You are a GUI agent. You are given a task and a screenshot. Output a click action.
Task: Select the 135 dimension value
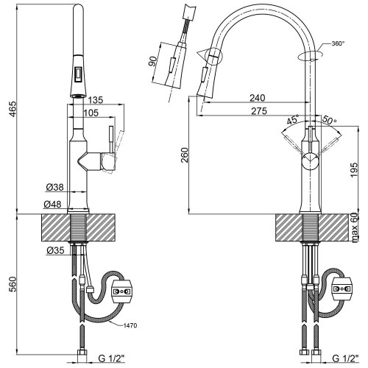point(96,100)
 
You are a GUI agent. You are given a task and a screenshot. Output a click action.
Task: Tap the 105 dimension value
point(91,113)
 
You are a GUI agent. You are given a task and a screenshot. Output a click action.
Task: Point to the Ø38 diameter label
point(54,188)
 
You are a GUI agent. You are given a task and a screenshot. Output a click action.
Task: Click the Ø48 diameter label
point(52,204)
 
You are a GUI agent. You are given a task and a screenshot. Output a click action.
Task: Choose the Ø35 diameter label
point(56,250)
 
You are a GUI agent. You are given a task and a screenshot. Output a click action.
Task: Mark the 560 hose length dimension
point(13,284)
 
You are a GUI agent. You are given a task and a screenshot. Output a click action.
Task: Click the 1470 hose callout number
point(130,325)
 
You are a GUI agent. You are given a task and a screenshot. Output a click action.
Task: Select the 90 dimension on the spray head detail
point(152,61)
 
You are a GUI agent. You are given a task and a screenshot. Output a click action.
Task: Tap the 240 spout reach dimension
point(258,98)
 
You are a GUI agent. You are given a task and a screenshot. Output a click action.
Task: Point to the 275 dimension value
point(259,111)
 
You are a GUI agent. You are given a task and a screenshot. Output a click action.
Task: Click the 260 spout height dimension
point(184,155)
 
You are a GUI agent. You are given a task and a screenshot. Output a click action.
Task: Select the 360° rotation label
point(338,43)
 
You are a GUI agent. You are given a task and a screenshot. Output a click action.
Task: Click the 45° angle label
point(293,120)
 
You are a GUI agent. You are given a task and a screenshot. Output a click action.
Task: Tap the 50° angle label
point(329,119)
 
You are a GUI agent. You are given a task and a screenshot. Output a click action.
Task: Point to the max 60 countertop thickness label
point(355,228)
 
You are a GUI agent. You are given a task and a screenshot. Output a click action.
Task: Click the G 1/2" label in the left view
point(112,358)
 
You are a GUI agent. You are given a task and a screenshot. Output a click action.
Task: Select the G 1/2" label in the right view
point(346,358)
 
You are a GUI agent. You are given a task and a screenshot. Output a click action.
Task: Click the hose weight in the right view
point(342,289)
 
